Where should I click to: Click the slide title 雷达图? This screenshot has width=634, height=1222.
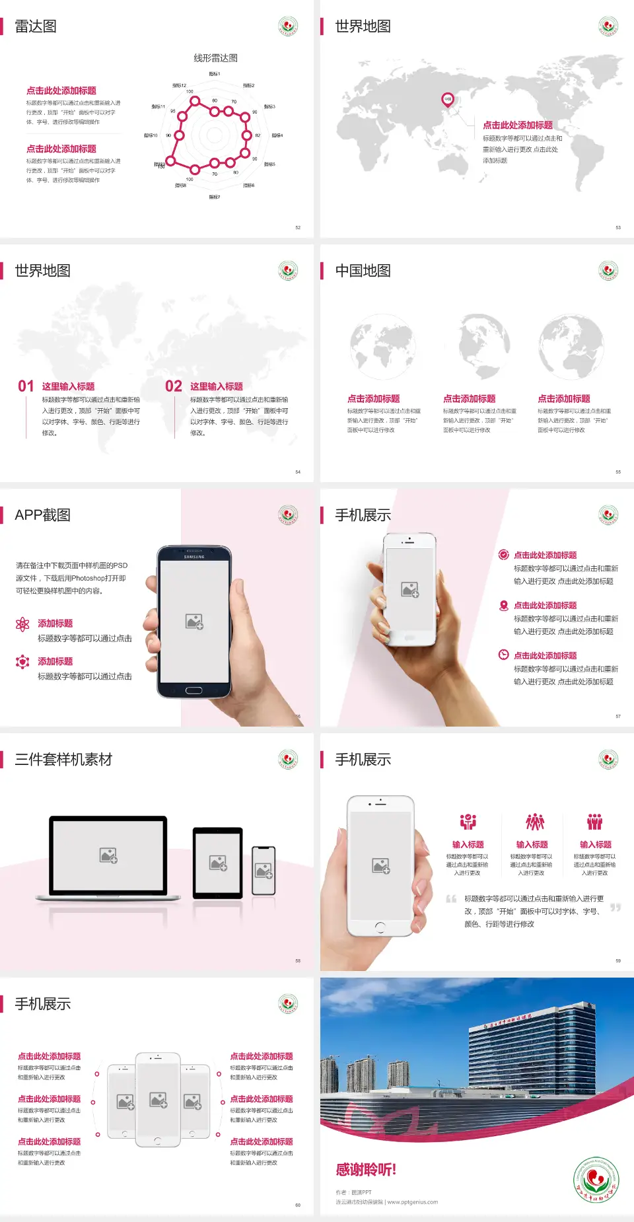pos(36,26)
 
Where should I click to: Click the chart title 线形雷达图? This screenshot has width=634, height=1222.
pos(215,58)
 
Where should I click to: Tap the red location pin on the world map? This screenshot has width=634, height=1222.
pos(448,100)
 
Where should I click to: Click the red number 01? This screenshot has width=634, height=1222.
pos(26,386)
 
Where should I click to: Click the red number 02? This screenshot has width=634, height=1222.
pos(174,386)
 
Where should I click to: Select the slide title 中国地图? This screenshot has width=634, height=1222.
pos(363,271)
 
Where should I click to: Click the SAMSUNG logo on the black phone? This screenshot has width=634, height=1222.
pos(194,557)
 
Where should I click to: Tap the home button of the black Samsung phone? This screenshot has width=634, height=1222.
pos(194,690)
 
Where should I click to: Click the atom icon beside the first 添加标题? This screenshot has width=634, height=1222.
pos(22,624)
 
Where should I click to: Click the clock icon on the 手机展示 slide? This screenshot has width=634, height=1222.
pos(503,655)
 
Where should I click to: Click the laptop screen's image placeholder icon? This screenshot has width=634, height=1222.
pos(108,855)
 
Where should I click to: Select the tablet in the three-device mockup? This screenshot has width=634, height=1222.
pos(218,862)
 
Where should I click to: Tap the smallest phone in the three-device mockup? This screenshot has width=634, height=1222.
pos(264,871)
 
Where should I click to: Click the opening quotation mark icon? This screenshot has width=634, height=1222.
pos(451,899)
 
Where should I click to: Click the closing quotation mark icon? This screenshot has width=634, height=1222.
pos(615,908)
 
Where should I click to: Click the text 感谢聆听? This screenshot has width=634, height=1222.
pos(365,1170)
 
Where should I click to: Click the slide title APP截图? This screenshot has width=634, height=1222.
pos(43,515)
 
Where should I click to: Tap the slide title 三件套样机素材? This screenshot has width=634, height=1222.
pos(63,760)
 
